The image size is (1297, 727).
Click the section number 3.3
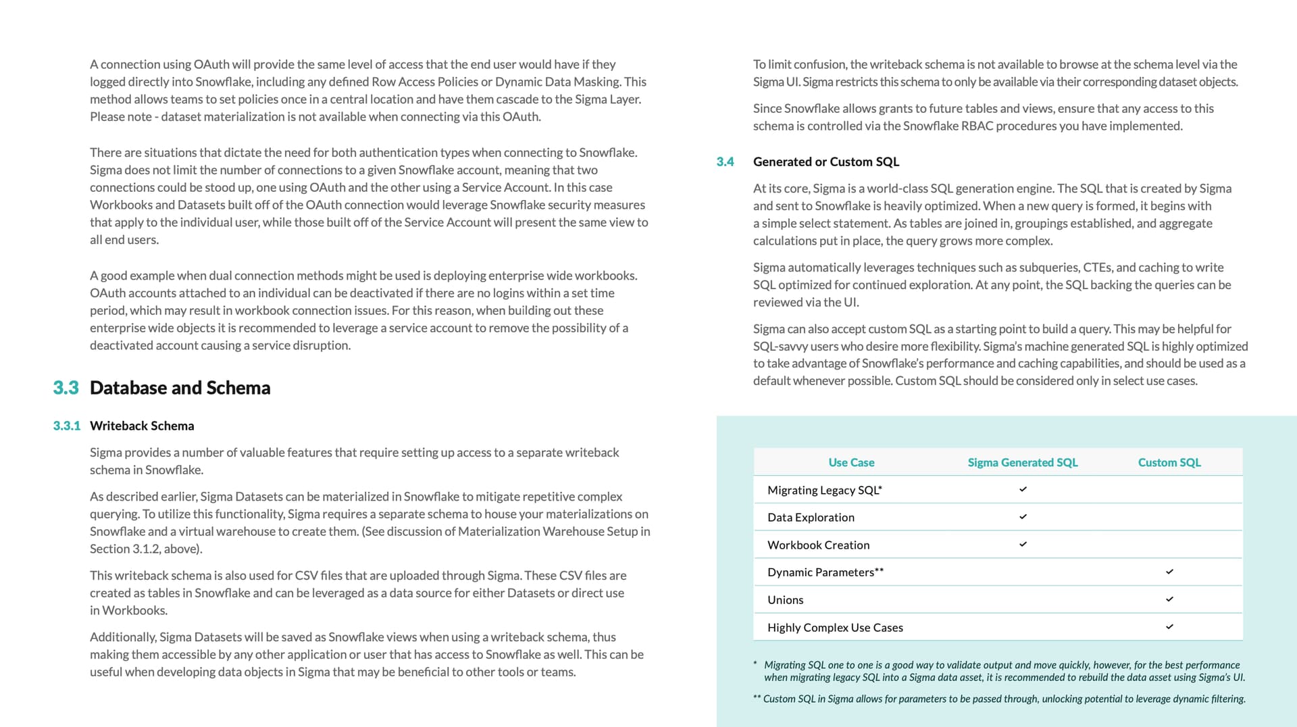(x=66, y=388)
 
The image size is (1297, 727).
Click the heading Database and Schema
(x=180, y=388)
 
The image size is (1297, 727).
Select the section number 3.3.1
(x=66, y=426)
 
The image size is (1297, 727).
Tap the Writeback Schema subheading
(x=142, y=426)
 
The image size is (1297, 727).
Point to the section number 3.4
(x=725, y=161)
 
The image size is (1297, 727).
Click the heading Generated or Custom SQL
(x=825, y=161)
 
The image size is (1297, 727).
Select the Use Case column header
(x=851, y=462)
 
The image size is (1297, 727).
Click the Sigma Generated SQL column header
(x=1022, y=462)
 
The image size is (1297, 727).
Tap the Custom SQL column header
(x=1169, y=462)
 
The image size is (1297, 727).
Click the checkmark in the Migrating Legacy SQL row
(x=1023, y=489)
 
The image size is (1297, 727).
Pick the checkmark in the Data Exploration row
(x=1023, y=517)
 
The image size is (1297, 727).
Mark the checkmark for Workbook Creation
(x=1023, y=544)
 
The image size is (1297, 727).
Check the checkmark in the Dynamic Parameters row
(x=1169, y=572)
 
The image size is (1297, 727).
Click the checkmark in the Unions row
(x=1169, y=599)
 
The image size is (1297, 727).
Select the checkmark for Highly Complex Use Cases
(x=1169, y=627)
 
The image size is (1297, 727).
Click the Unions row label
(x=785, y=600)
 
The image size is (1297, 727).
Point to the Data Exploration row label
(x=811, y=518)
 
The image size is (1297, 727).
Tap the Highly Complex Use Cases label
(x=835, y=628)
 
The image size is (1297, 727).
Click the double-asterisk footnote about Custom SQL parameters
(x=1000, y=699)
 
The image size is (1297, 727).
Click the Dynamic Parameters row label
(x=825, y=572)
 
